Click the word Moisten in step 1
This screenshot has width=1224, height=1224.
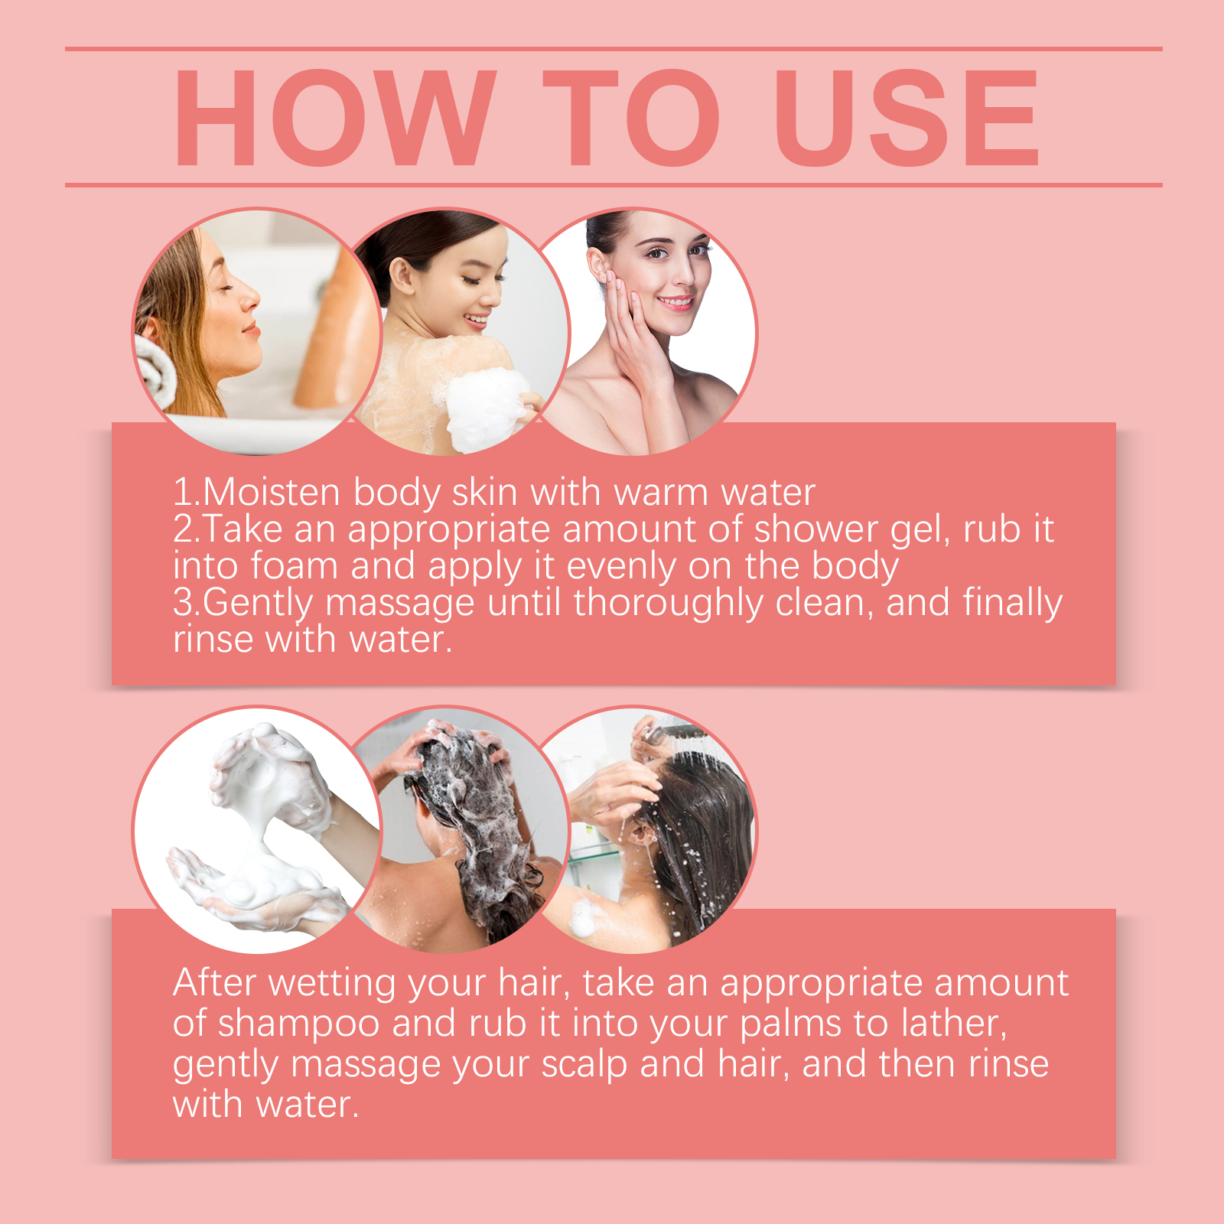(272, 492)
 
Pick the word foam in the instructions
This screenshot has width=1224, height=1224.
(294, 565)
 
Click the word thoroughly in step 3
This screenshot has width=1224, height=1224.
(669, 603)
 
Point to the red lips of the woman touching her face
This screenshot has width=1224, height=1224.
(675, 302)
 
